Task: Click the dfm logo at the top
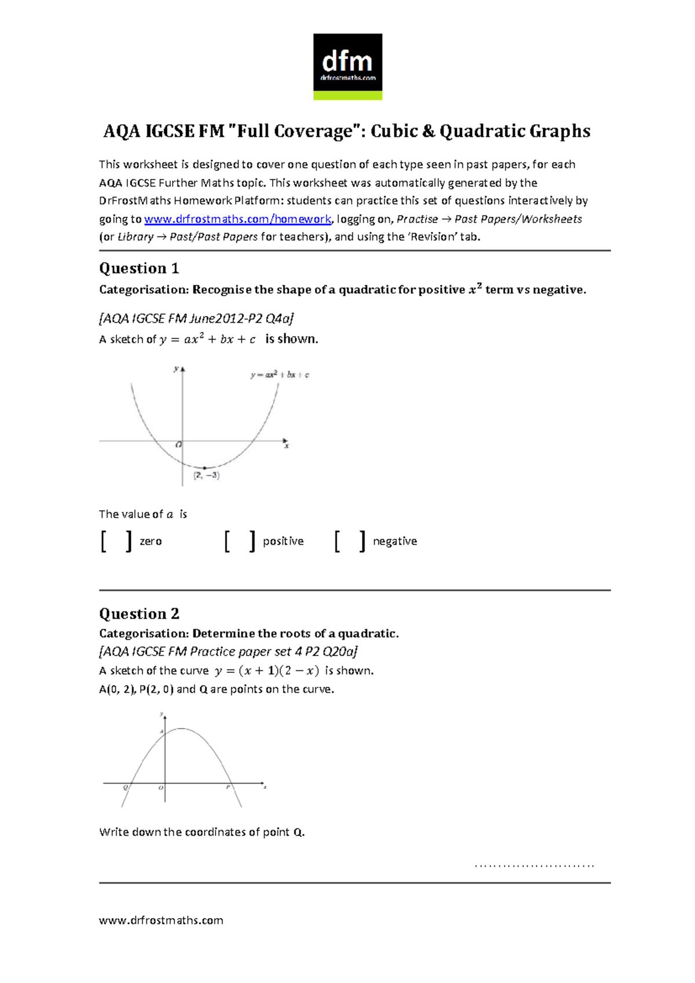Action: (348, 65)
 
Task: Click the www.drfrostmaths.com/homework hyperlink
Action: (237, 219)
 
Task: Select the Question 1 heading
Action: (139, 268)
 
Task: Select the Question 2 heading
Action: (139, 614)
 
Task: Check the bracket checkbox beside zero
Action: (116, 541)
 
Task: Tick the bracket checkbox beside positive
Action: (239, 541)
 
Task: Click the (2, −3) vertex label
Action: (206, 475)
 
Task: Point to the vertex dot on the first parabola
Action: (204, 467)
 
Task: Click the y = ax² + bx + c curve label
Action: (280, 375)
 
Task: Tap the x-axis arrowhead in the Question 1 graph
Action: (285, 441)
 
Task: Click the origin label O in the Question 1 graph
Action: (178, 445)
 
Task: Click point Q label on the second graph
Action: (125, 788)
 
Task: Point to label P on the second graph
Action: (228, 787)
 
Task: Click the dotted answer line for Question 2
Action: (534, 866)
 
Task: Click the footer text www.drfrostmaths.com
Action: (161, 920)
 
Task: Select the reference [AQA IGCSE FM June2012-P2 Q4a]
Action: (196, 318)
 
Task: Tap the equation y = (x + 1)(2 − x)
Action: (266, 671)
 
